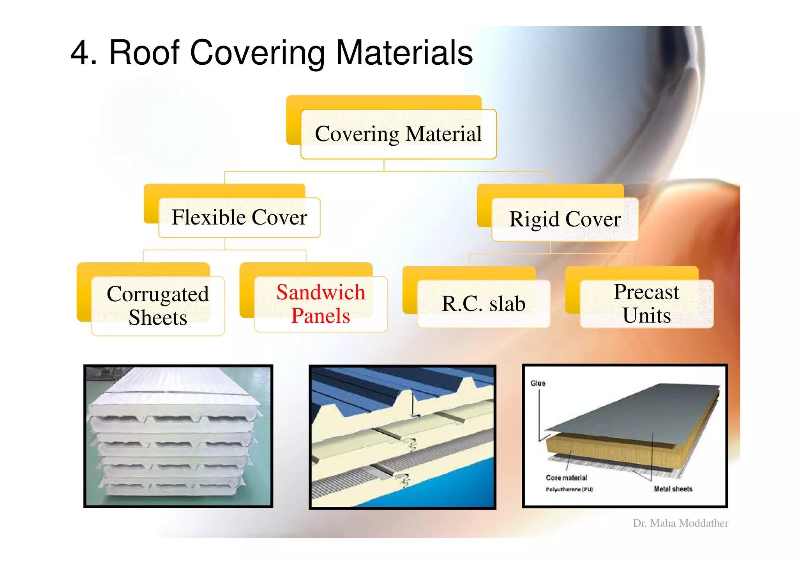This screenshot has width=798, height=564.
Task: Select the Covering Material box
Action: tap(398, 134)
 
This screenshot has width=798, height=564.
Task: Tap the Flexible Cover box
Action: tap(239, 217)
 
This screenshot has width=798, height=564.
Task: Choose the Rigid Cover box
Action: tap(565, 219)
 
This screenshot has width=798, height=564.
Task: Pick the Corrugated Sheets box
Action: tap(158, 306)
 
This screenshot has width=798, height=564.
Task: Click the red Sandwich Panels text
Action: tap(321, 304)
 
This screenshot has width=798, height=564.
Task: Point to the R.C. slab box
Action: tap(483, 304)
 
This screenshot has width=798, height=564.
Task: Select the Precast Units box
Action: tap(646, 304)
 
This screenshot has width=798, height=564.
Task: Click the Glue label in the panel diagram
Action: tap(538, 384)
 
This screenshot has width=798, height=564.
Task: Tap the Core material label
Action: tap(566, 478)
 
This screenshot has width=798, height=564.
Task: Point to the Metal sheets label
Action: tap(673, 489)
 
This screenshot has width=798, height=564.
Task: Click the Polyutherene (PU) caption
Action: tap(569, 490)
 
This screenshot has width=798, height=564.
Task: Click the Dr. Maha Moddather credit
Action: tap(680, 523)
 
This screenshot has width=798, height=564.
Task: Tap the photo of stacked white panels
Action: tap(178, 436)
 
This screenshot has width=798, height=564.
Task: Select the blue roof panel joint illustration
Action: tap(402, 437)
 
